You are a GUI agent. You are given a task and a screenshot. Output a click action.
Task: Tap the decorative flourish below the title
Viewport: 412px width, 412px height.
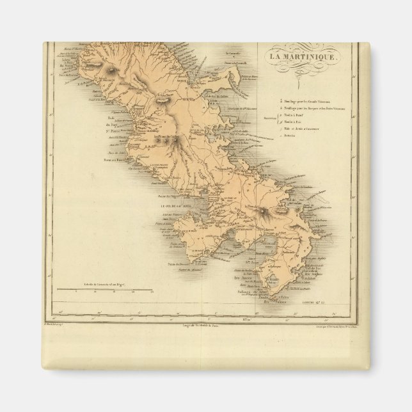(305, 67)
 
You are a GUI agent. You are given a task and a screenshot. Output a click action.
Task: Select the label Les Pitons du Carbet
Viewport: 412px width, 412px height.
(154, 137)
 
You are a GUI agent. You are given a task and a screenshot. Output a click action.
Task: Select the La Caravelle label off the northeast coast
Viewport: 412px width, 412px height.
(235, 54)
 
